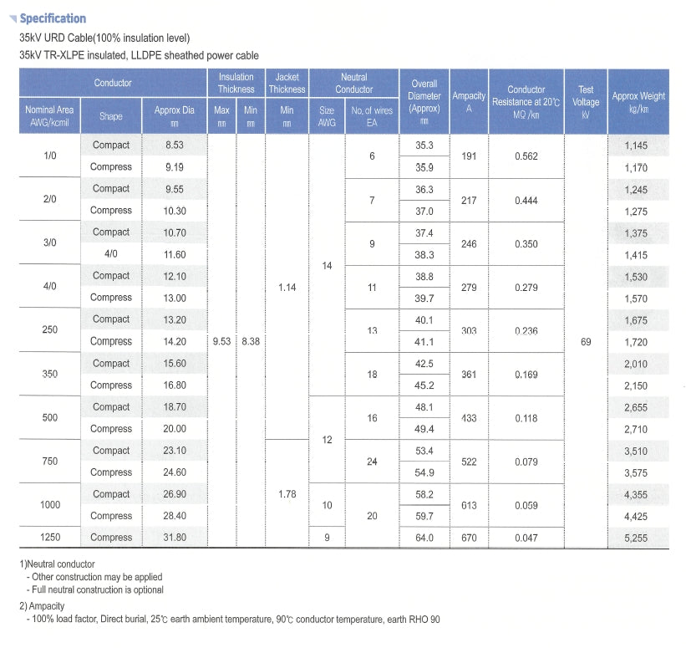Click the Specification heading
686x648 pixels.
pyautogui.click(x=52, y=18)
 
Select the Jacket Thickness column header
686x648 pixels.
pyautogui.click(x=287, y=83)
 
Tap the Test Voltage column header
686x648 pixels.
pyautogui.click(x=586, y=95)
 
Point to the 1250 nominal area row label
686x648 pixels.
pyautogui.click(x=50, y=538)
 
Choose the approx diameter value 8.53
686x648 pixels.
pyautogui.click(x=175, y=145)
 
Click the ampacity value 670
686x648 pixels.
pyautogui.click(x=469, y=538)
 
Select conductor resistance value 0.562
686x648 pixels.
pyautogui.click(x=526, y=156)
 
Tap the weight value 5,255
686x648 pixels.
pyautogui.click(x=636, y=538)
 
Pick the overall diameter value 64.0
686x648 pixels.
pyautogui.click(x=424, y=538)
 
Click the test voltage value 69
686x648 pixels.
pyautogui.click(x=586, y=341)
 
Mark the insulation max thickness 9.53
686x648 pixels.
pyautogui.click(x=221, y=341)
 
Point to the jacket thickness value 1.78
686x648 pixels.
pyautogui.click(x=287, y=494)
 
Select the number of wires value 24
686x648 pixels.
pyautogui.click(x=372, y=462)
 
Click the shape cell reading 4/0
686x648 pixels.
pyautogui.click(x=111, y=254)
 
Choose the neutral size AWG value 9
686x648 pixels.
pyautogui.click(x=327, y=538)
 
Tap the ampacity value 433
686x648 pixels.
pyautogui.click(x=469, y=418)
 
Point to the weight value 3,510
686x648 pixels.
pyautogui.click(x=636, y=451)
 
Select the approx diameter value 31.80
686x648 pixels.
pyautogui.click(x=175, y=538)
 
